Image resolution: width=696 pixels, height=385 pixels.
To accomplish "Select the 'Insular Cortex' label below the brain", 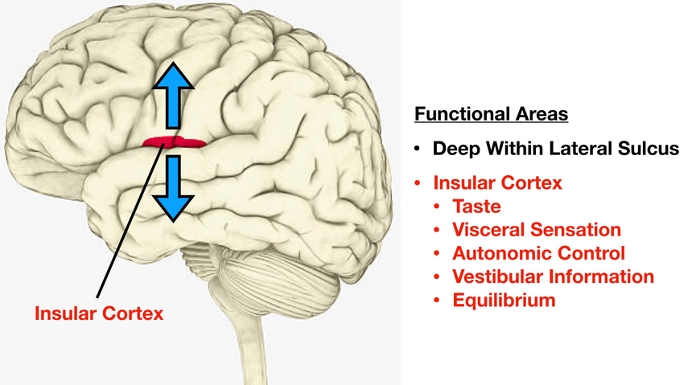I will coord(98,312).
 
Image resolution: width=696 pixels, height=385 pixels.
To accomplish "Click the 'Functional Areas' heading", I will coord(491,114).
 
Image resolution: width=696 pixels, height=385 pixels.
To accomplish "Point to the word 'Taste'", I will coord(476,207).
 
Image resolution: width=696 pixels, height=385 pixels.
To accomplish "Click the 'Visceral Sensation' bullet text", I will coord(537,230).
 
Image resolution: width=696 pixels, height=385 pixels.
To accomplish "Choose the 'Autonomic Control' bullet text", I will coord(538,253).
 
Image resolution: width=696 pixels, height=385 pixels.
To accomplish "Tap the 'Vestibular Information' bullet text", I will coord(553,277).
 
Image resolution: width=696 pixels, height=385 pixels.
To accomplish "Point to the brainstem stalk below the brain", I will coord(250,346).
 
